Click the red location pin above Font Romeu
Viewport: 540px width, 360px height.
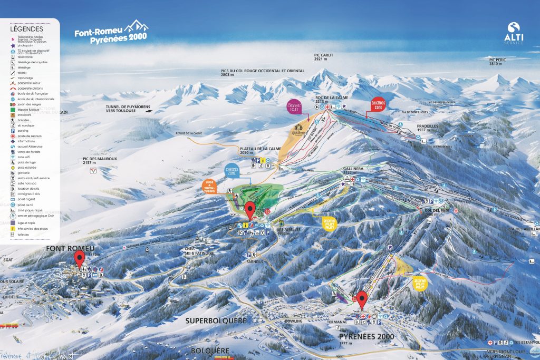pos(80,258)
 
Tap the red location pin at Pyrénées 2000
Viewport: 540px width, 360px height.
pos(362,299)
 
